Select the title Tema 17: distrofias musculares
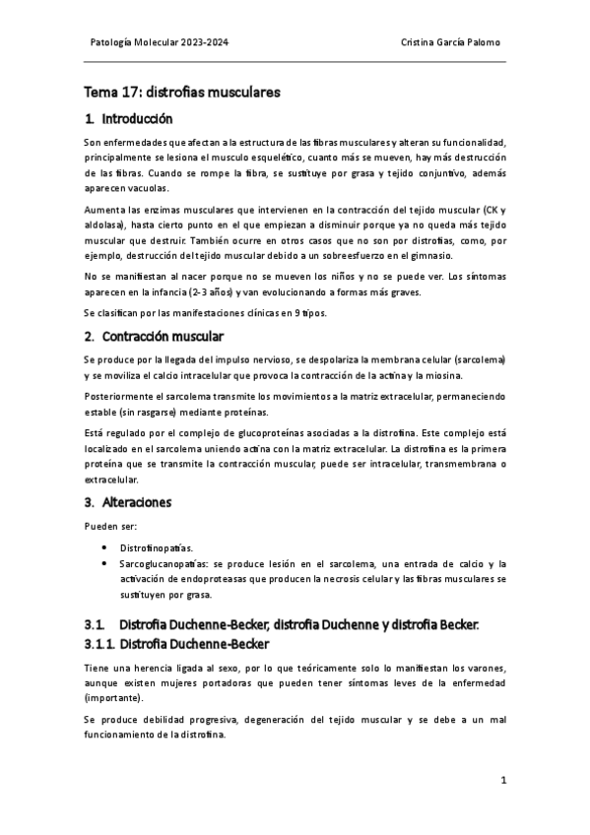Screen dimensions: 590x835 point(182,93)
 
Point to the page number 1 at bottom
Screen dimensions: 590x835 point(502,781)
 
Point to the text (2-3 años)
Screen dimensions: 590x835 point(203,291)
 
